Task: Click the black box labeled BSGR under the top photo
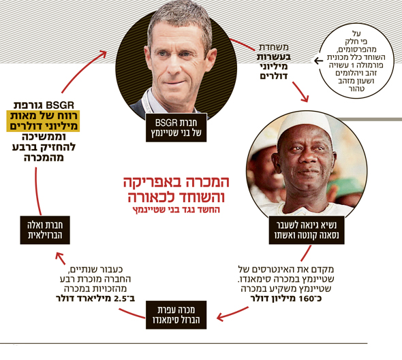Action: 176,127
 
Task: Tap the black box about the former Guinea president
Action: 307,230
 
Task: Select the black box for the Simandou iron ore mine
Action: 176,315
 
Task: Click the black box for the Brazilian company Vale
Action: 45,230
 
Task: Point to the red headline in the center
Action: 176,189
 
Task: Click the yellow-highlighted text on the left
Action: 43,121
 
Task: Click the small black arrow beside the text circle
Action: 318,61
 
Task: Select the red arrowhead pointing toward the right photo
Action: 305,98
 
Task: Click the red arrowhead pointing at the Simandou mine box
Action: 221,318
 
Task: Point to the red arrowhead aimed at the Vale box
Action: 59,257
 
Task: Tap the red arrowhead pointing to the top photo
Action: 103,54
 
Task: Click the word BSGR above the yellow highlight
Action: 60,105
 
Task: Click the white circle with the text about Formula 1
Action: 356,61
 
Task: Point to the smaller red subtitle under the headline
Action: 176,210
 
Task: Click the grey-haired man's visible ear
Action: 211,60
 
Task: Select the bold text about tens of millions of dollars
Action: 273,66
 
